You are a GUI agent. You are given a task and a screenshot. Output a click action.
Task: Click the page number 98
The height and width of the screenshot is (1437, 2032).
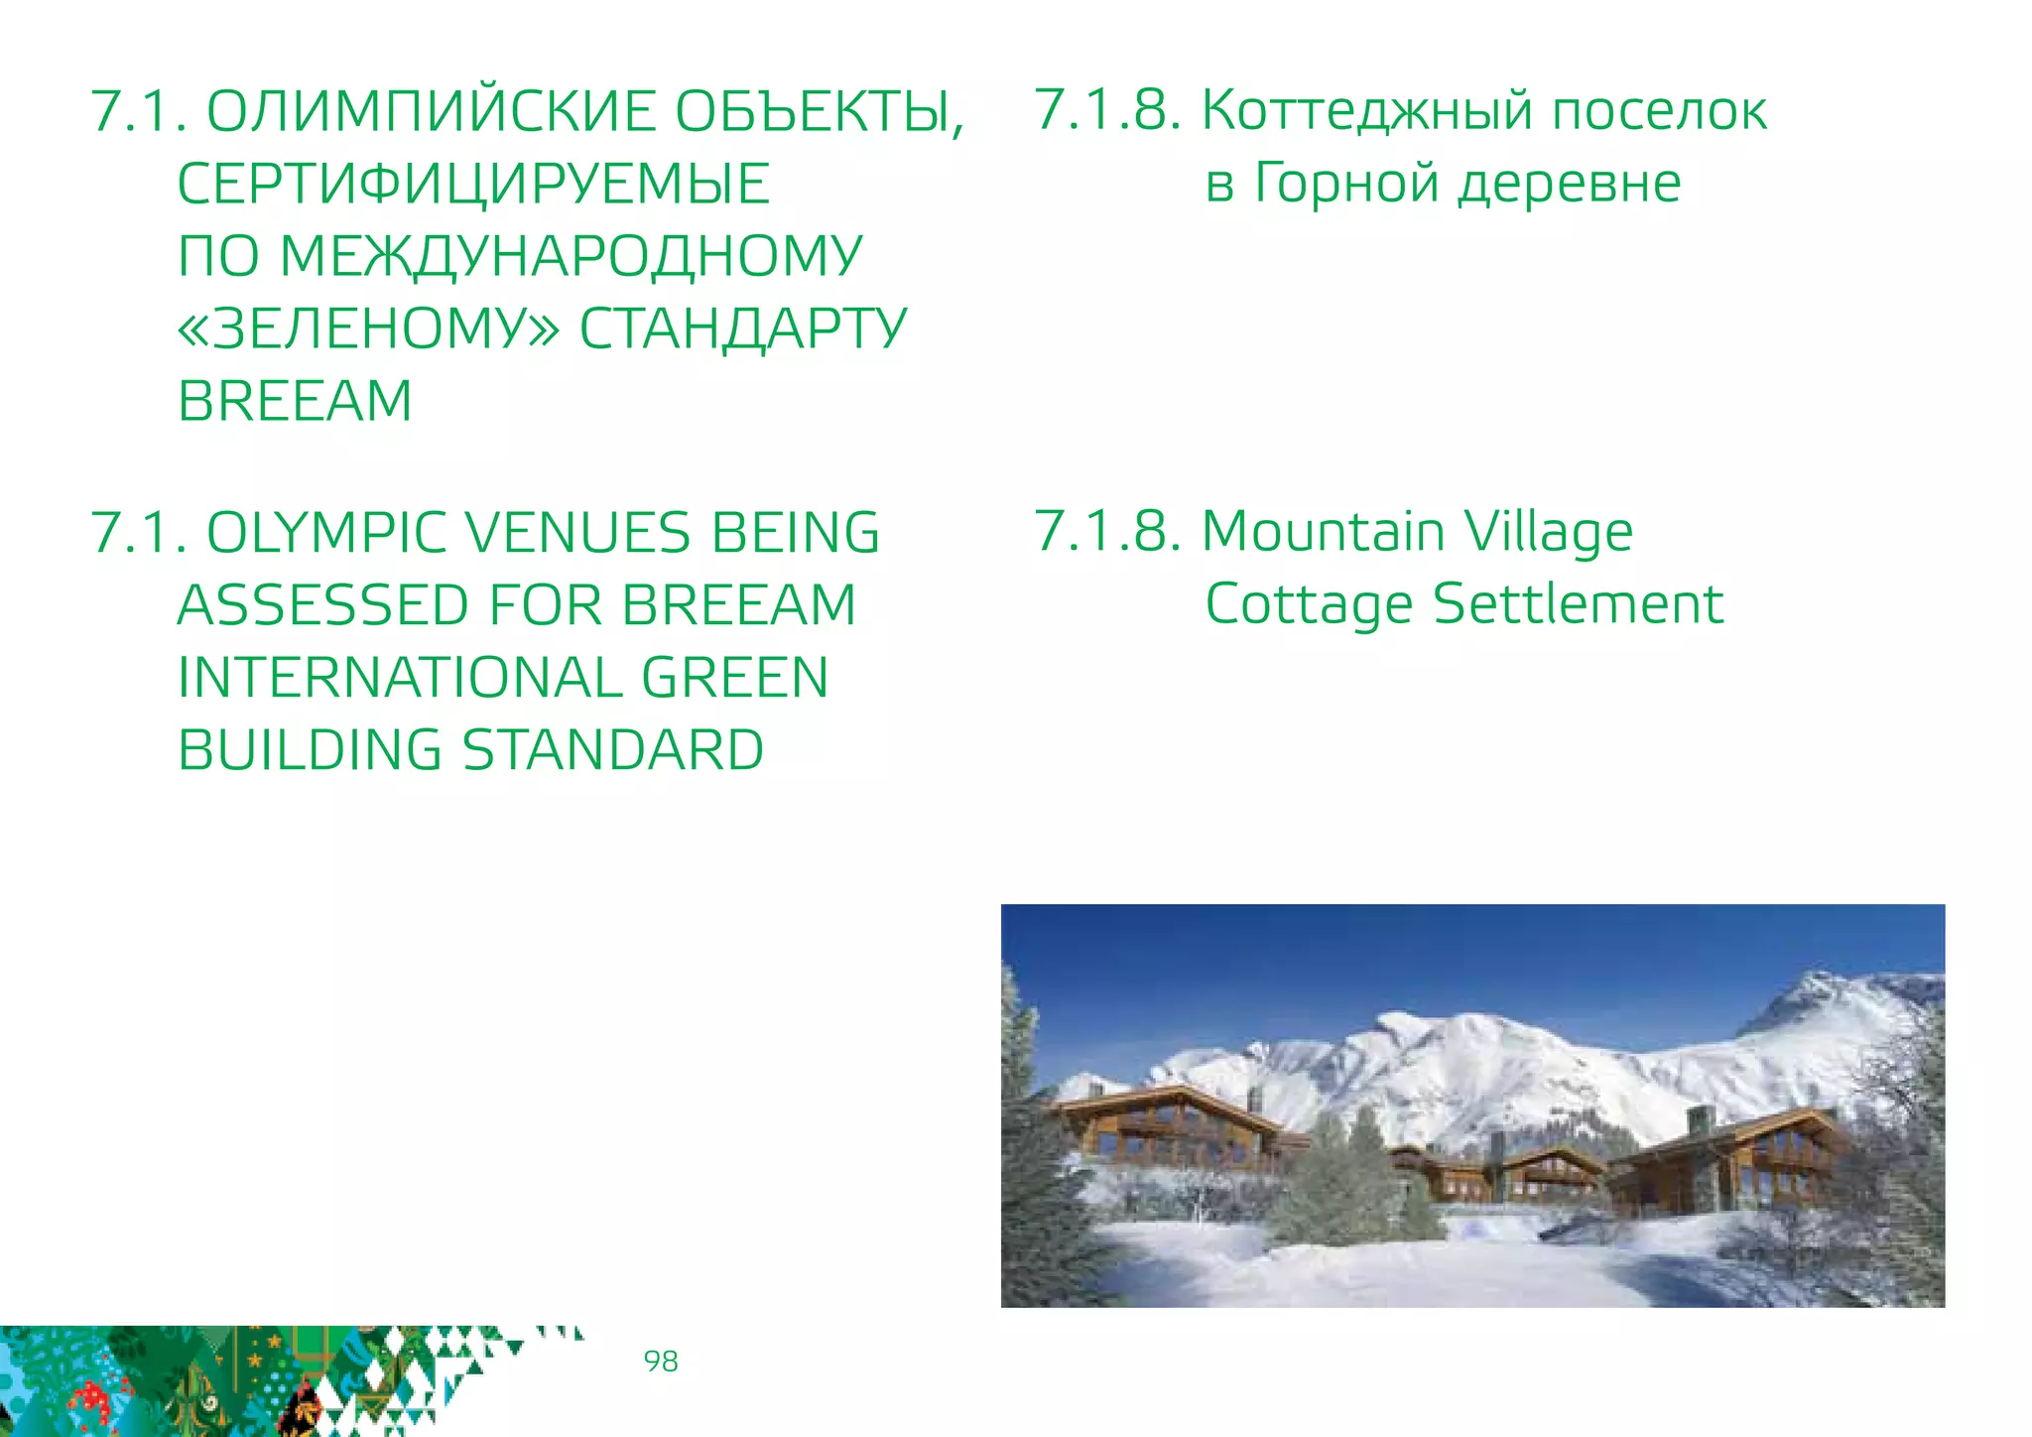(661, 1361)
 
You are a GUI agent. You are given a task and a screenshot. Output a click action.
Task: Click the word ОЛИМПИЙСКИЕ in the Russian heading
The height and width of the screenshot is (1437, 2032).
(431, 111)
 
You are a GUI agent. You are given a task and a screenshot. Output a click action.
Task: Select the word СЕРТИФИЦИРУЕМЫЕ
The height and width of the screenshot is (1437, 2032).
(473, 184)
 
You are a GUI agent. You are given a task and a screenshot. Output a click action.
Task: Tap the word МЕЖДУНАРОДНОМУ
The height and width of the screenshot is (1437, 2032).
(571, 256)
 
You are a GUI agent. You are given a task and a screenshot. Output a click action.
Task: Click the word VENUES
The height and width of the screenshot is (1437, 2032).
(576, 533)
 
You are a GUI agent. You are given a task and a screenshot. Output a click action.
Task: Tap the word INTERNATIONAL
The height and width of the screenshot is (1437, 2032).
(399, 678)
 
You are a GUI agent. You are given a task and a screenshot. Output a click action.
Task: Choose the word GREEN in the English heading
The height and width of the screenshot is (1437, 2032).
(734, 678)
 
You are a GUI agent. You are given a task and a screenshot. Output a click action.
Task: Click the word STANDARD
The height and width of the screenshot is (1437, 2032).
(613, 750)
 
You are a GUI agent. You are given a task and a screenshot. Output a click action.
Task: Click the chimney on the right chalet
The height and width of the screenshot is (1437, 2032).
(1700, 1119)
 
